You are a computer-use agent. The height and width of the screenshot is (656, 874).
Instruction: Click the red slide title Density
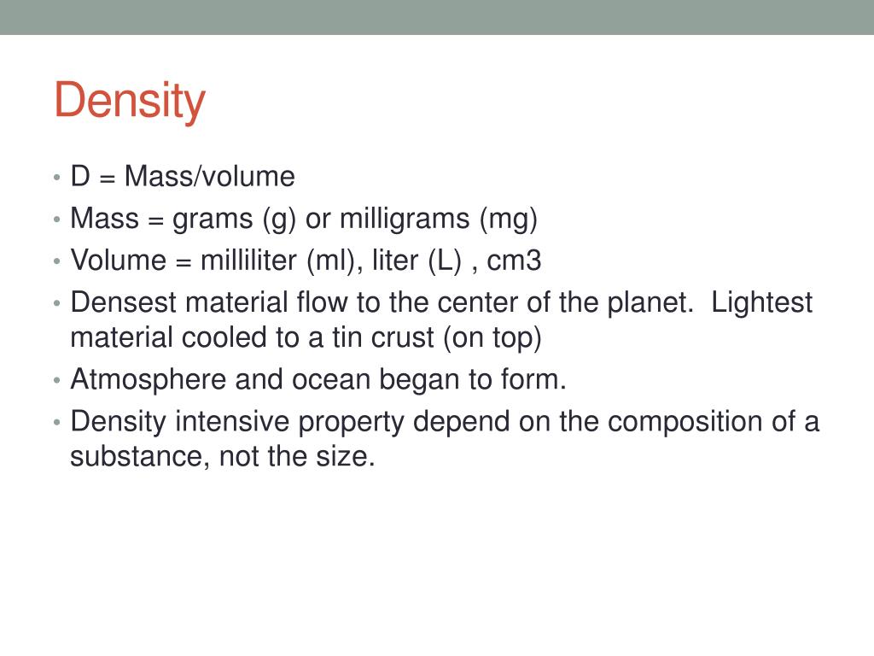[130, 101]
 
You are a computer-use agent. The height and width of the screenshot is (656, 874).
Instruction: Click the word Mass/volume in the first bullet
[210, 176]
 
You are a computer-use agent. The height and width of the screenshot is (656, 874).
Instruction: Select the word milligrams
[405, 219]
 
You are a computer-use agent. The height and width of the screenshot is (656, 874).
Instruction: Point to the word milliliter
[248, 261]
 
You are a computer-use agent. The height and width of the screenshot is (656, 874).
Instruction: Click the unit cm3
[514, 261]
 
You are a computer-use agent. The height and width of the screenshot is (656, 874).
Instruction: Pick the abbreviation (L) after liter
[445, 261]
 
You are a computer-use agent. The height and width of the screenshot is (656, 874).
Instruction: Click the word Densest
[123, 302]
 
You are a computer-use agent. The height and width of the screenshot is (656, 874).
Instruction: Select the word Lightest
[762, 303]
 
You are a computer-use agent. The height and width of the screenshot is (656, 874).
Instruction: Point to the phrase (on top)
[492, 338]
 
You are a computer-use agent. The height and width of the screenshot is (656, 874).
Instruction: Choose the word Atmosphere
[149, 380]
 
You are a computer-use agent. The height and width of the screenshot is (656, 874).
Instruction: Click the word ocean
[331, 380]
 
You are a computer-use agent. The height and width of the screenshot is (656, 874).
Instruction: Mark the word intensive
[232, 422]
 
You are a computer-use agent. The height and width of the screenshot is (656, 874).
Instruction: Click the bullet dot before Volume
[56, 261]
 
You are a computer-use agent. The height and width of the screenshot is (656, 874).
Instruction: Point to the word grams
[213, 220]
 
